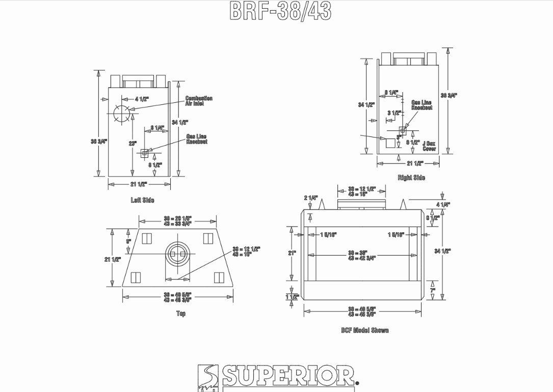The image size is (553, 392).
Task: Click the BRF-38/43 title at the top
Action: (281, 11)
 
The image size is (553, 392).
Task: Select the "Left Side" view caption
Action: (142, 200)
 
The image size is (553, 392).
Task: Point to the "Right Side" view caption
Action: (411, 178)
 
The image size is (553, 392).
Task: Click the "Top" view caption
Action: (181, 314)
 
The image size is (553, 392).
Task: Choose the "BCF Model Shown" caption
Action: (365, 330)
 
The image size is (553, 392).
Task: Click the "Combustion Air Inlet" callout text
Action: (199, 101)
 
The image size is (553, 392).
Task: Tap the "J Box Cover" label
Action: (429, 146)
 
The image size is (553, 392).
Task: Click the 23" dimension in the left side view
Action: (133, 144)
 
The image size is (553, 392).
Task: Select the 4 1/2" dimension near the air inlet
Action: (142, 99)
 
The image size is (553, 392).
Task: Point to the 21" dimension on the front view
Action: (292, 253)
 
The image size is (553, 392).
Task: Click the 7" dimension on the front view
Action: (432, 290)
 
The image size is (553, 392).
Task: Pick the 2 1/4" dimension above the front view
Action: (311, 198)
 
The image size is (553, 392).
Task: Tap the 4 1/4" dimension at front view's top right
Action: (443, 205)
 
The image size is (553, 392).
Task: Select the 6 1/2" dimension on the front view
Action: (433, 218)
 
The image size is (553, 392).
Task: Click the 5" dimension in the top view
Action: (128, 241)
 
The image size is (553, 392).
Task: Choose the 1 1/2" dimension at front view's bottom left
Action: (292, 297)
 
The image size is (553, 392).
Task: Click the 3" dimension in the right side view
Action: (399, 137)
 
